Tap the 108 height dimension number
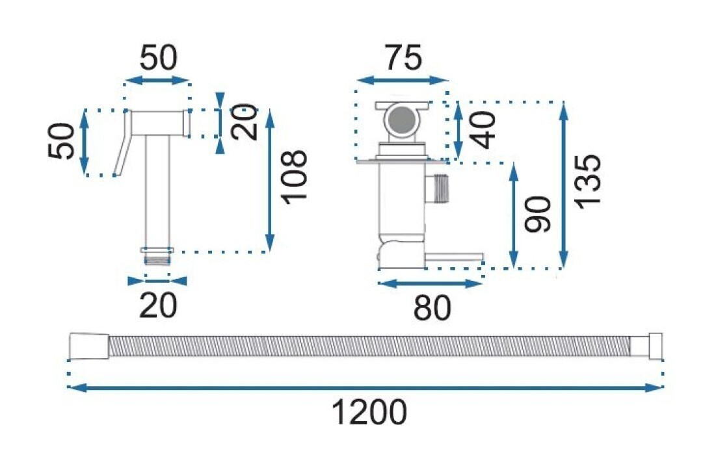point(295,177)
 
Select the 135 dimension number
point(588,181)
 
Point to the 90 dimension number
point(538,214)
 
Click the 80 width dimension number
point(432,308)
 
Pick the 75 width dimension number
point(403,57)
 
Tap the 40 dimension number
point(484,129)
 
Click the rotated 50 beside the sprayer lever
point(60,141)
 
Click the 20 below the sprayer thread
point(158,305)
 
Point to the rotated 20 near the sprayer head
point(245,122)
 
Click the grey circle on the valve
point(401,119)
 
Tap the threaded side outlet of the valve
point(436,188)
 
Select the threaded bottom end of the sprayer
point(157,259)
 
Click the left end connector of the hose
point(89,346)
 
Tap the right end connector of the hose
point(656,346)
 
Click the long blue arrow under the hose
point(365,388)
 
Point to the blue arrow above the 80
point(429,284)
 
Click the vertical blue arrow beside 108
point(269,179)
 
